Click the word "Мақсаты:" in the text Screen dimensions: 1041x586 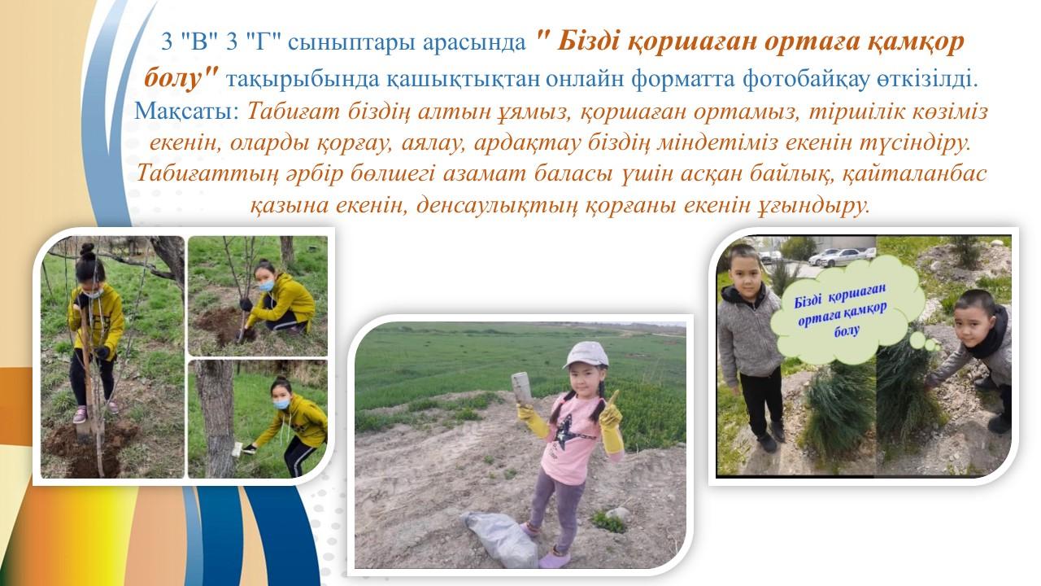click(187, 112)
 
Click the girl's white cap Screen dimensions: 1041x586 click(586, 354)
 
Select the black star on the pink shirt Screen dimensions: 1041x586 click(564, 431)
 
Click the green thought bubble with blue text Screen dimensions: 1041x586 click(847, 309)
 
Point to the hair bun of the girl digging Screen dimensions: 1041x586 click(87, 251)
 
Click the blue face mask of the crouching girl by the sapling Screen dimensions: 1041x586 click(266, 285)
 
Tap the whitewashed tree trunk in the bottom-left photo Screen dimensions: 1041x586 click(216, 418)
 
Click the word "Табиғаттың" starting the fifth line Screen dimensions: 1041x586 click(207, 174)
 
